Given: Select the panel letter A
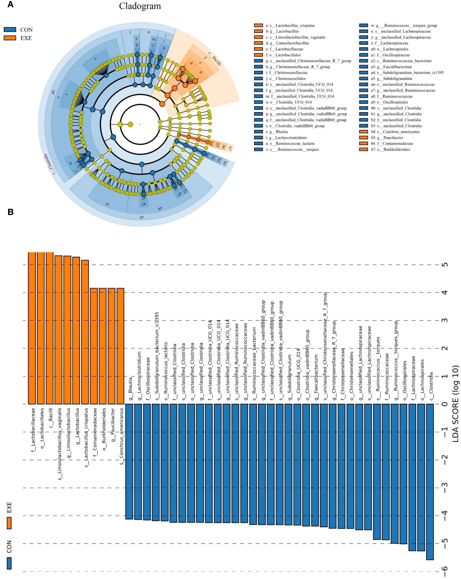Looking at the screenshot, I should [10, 5].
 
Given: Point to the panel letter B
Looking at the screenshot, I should [10, 212].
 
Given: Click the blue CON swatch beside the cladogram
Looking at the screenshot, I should [10, 30].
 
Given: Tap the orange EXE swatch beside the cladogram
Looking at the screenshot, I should [10, 38].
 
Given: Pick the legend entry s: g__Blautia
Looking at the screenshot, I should [276, 132].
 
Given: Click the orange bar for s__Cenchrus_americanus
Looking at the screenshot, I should [120, 346].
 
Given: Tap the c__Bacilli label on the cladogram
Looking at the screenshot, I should [215, 59].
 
